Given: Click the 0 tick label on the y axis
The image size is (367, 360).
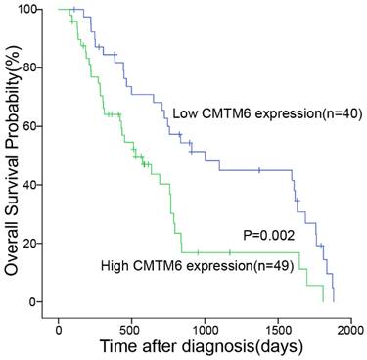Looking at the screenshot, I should (35, 301).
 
